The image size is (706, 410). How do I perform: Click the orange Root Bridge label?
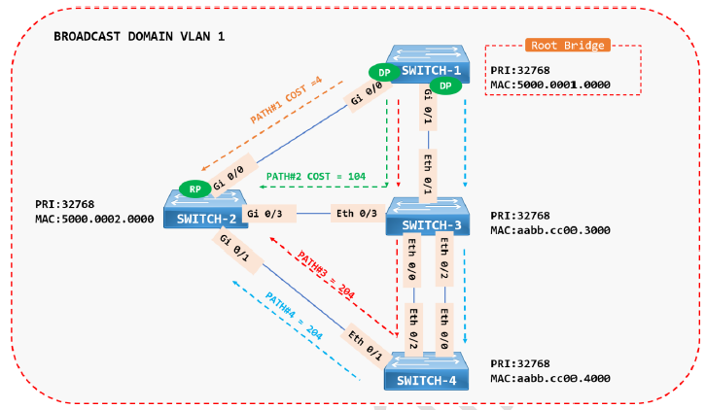[x=567, y=45]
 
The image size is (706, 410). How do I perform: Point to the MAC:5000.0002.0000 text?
[x=93, y=219]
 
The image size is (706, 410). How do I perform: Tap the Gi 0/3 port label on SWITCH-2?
[x=265, y=213]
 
